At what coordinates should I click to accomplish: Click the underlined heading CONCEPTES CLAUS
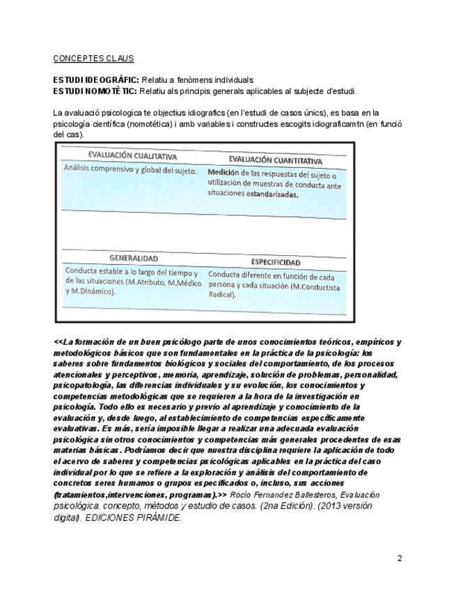pyautogui.click(x=93, y=59)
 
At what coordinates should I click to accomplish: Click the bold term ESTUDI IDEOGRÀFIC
pyautogui.click(x=96, y=80)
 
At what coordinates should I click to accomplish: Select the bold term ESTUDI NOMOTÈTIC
pyautogui.click(x=95, y=91)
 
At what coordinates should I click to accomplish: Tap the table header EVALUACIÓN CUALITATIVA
pyautogui.click(x=131, y=156)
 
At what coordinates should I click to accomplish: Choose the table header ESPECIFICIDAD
pyautogui.click(x=276, y=262)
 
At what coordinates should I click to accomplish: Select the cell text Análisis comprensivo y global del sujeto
pyautogui.click(x=130, y=169)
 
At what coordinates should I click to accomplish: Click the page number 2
pyautogui.click(x=400, y=558)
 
